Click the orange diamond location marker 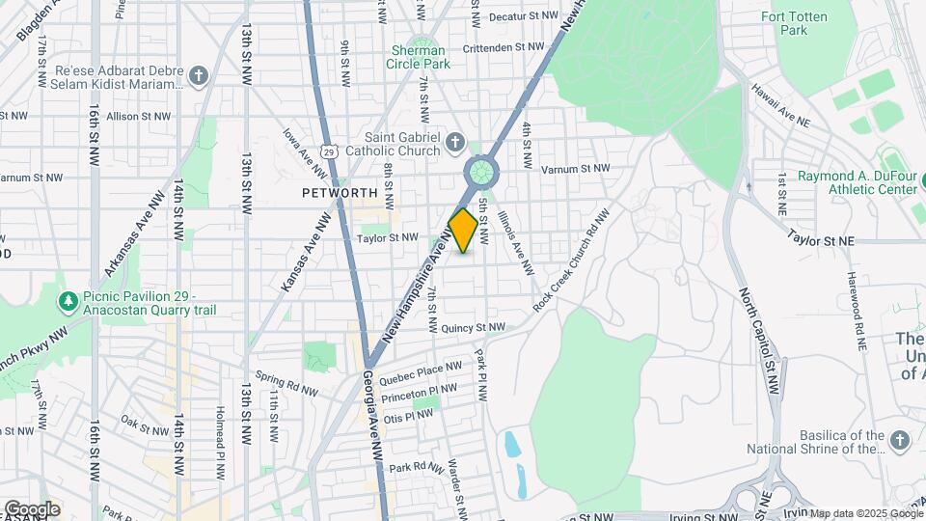pyautogui.click(x=463, y=231)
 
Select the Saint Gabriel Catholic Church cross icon pyautogui.click(x=456, y=145)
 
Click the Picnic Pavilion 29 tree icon pyautogui.click(x=68, y=302)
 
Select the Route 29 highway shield pyautogui.click(x=330, y=151)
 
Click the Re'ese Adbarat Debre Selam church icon pyautogui.click(x=199, y=76)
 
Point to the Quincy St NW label pyautogui.click(x=473, y=328)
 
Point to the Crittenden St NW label pyautogui.click(x=504, y=46)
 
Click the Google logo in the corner pyautogui.click(x=32, y=508)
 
